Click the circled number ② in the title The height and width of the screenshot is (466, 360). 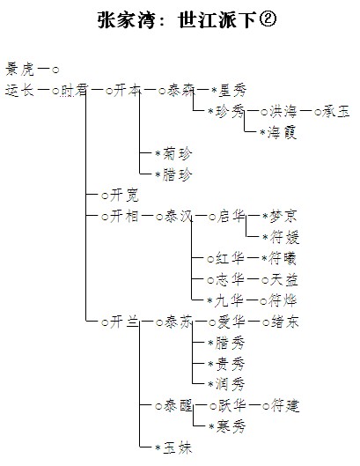pyautogui.click(x=268, y=19)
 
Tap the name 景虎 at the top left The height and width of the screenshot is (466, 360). pyautogui.click(x=20, y=70)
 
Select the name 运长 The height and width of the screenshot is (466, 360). pyautogui.click(x=20, y=90)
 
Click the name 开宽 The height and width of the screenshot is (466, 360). pyautogui.click(x=124, y=196)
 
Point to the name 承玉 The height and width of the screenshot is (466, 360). pyautogui.click(x=335, y=112)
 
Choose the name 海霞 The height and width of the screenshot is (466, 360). pyautogui.click(x=282, y=132)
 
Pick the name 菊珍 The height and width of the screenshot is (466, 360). pyautogui.click(x=177, y=153)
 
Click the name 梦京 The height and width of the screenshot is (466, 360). pyautogui.click(x=283, y=216)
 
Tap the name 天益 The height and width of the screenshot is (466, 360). pyautogui.click(x=283, y=279)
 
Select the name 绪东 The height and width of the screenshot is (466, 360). pyautogui.click(x=284, y=322)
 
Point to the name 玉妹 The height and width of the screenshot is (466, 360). pyautogui.click(x=177, y=448)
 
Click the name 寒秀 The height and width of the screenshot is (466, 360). pyautogui.click(x=231, y=426)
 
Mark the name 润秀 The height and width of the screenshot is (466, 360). pyautogui.click(x=230, y=384)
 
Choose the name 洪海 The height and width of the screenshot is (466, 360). pyautogui.click(x=283, y=112)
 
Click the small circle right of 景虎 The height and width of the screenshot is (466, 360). pyautogui.click(x=55, y=70)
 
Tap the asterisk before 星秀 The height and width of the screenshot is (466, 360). pyautogui.click(x=214, y=91)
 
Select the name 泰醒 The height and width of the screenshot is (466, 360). pyautogui.click(x=178, y=405)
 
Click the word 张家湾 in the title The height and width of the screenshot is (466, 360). pyautogui.click(x=127, y=20)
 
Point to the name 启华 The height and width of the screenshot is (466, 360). pyautogui.click(x=231, y=216)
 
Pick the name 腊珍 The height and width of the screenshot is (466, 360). pyautogui.click(x=177, y=174)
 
